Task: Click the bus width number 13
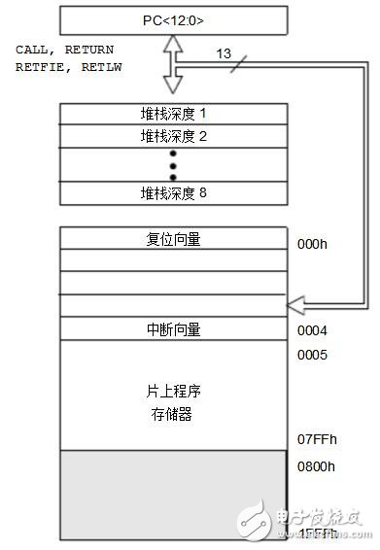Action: point(224,54)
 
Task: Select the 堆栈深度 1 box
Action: point(174,114)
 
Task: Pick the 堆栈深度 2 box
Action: point(174,136)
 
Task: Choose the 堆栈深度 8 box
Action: point(174,192)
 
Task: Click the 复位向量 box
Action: point(174,239)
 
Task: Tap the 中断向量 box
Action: point(174,329)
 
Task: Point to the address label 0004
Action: point(311,330)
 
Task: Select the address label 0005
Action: point(311,354)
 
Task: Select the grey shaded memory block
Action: point(174,496)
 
